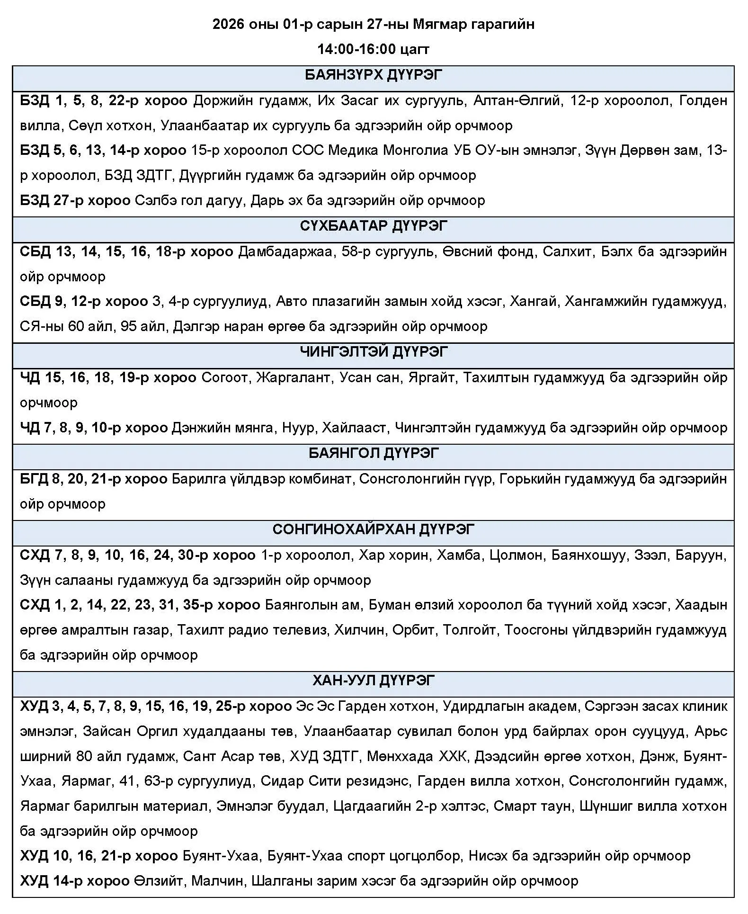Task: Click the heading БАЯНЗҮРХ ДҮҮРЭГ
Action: (373, 76)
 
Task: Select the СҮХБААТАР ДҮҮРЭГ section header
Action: (373, 226)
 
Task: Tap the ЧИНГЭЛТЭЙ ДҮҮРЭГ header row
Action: (373, 352)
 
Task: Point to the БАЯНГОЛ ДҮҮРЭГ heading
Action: (373, 453)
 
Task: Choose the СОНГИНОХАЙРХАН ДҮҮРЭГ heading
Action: (373, 529)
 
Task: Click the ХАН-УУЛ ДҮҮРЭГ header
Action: (373, 681)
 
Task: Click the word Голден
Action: (703, 101)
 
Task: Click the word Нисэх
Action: (490, 856)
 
